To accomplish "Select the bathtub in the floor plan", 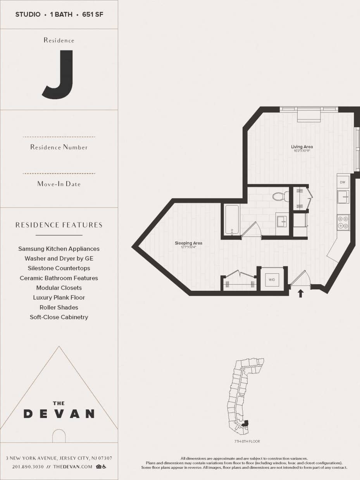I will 232,219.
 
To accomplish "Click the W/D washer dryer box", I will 272,279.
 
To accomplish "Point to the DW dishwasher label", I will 343,182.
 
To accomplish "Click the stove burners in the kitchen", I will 343,222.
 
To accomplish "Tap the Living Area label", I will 302,147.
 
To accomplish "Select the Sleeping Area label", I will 188,243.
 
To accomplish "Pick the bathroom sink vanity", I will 282,223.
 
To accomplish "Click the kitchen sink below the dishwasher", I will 343,197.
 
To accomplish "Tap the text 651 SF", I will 93,15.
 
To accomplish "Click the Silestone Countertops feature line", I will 59,268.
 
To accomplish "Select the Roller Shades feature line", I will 59,307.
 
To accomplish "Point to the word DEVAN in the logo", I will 59,414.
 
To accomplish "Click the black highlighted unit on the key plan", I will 245,423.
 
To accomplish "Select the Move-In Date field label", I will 59,184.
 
